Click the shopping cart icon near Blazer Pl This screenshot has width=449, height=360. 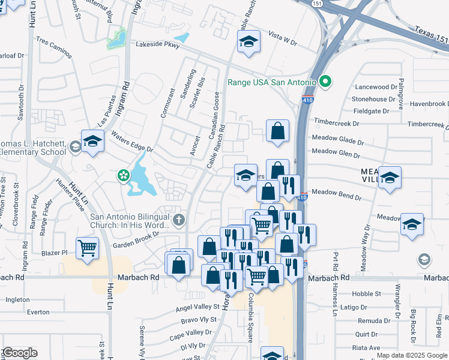88,248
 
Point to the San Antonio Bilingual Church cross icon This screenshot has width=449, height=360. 179,220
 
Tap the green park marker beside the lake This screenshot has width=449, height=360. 123,176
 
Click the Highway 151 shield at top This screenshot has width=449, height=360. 316,3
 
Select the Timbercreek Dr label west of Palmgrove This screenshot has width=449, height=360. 339,124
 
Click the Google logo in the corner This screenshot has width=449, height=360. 19,353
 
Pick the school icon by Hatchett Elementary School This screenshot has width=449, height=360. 92,142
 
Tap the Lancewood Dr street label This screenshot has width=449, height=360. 376,87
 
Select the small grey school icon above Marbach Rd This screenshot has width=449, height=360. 424,259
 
